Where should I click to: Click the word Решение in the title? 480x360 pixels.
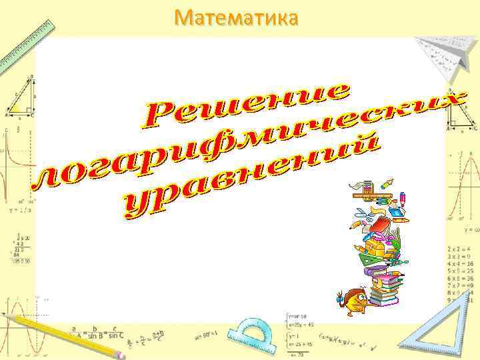pyautogui.click(x=247, y=106)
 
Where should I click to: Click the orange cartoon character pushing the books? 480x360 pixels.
pyautogui.click(x=351, y=300)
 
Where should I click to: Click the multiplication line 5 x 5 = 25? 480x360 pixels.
pyautogui.click(x=460, y=271)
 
